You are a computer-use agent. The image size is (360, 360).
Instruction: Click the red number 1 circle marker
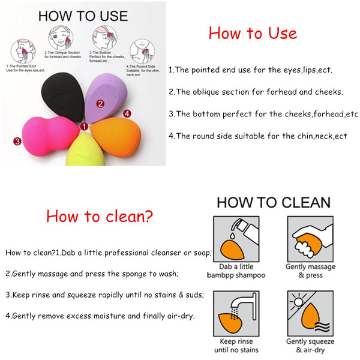[85, 127]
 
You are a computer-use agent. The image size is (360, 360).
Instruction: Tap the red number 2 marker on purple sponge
[100, 103]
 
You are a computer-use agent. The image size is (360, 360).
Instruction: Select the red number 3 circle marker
[17, 142]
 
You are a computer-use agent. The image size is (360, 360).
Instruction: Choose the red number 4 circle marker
[127, 113]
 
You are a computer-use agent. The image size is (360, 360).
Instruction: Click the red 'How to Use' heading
[253, 33]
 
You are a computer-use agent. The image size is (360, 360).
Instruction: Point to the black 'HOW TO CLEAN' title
[273, 202]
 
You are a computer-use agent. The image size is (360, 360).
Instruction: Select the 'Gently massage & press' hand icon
[310, 238]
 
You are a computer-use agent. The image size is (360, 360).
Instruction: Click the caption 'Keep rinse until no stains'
[236, 346]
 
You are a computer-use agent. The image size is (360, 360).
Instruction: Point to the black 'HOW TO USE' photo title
[82, 15]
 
